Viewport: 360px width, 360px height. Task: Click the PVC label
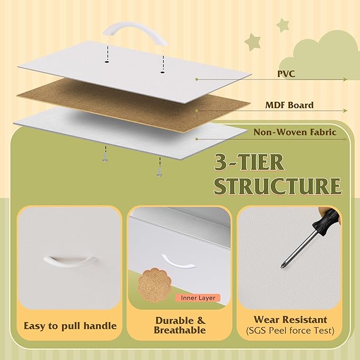point(286,74)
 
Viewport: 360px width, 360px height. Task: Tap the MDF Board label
point(289,105)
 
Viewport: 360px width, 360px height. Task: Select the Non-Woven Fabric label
point(295,132)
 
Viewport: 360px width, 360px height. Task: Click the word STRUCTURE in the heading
point(278,186)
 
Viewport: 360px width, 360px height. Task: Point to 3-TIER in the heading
point(249,163)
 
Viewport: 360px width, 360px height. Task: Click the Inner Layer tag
point(198,298)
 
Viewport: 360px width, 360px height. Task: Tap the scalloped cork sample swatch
point(154,285)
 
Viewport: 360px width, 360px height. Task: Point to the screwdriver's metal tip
point(282,266)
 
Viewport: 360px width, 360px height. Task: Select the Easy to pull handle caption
point(70,326)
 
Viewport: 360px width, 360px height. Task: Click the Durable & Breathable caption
point(180,325)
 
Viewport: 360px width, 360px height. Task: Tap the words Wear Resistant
point(290,320)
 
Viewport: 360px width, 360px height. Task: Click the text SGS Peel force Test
point(290,331)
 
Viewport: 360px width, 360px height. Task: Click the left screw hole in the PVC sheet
point(107,62)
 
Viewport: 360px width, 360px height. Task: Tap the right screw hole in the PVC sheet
point(163,72)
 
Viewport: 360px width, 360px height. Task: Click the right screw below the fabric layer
point(159,172)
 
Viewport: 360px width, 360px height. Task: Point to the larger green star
point(252,42)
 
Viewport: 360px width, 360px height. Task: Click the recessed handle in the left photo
point(70,261)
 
